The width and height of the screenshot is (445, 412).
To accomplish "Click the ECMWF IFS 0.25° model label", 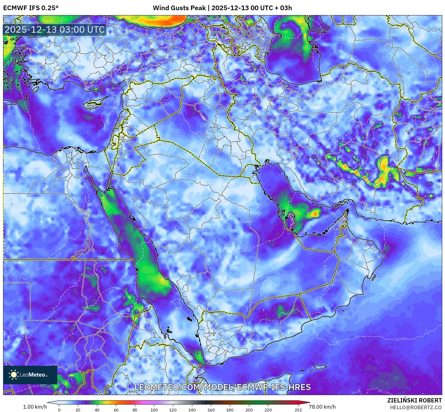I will tap(31, 8).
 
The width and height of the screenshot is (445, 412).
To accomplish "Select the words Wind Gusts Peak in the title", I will tap(179, 8).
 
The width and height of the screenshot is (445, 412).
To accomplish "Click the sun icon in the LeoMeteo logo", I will tap(14, 374).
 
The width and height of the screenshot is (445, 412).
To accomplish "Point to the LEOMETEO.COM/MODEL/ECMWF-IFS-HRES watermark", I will tap(222, 387).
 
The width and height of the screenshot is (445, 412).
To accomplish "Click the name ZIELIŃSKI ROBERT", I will tap(414, 400).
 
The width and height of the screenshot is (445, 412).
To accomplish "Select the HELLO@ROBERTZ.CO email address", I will tap(416, 407).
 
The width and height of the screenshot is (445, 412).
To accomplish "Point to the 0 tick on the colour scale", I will tap(59, 410).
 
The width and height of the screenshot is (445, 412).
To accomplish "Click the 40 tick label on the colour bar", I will tap(97, 410).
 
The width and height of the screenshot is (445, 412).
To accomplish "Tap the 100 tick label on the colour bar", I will tap(154, 410).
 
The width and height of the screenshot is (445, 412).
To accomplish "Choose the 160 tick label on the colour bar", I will tap(211, 410).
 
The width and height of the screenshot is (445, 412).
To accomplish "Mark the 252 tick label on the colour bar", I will tap(298, 410).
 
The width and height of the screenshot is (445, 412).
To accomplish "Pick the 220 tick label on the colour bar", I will tap(268, 410).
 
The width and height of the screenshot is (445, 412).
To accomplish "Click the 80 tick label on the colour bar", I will tap(135, 410).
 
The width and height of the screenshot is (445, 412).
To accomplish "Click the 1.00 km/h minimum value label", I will tap(35, 407).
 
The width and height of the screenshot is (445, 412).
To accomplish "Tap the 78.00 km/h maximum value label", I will tap(322, 407).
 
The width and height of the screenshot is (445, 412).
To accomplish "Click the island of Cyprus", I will tap(94, 104).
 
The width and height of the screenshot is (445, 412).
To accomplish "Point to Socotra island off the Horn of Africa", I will tap(320, 367).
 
